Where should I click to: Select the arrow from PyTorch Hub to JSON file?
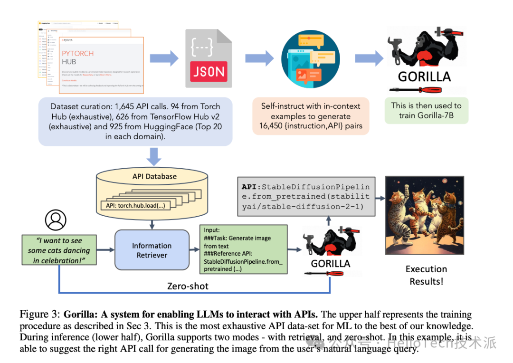point(164,58)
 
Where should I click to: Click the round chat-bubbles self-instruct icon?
point(311,58)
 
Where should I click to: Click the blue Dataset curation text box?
point(135,121)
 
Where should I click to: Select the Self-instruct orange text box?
point(311,116)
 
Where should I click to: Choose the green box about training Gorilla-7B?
point(426,111)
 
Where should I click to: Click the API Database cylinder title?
point(154,176)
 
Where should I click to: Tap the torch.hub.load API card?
point(135,206)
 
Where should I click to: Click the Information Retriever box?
point(152,250)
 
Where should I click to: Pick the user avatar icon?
point(56,220)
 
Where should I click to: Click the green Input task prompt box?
point(244,249)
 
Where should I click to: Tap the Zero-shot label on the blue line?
point(188,286)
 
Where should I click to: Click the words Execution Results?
point(426,275)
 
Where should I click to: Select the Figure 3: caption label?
point(39,314)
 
